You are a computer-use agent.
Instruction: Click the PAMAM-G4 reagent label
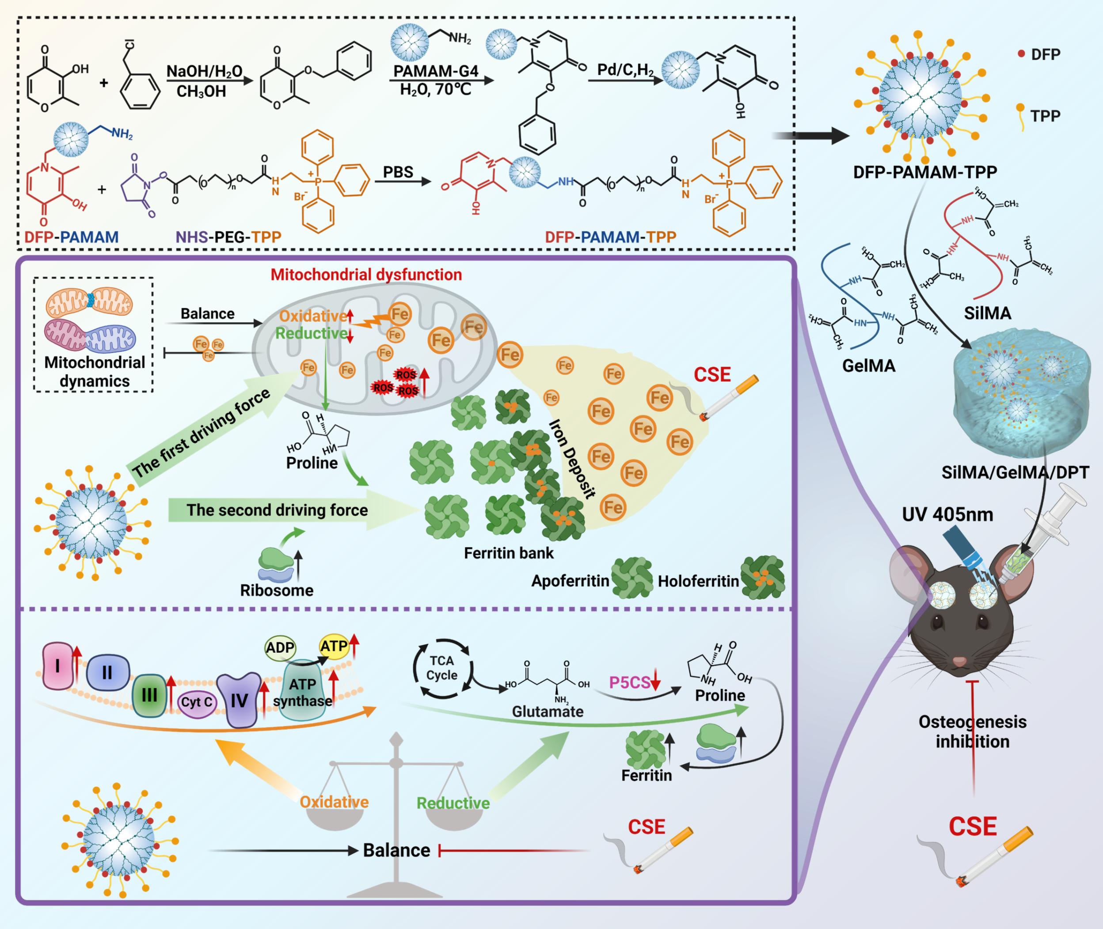(x=436, y=71)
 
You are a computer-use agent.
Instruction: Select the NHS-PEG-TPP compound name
(x=228, y=237)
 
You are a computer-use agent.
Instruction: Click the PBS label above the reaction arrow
(x=398, y=173)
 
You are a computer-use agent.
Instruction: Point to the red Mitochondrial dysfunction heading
(x=366, y=274)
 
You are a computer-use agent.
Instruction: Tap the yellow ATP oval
(x=334, y=646)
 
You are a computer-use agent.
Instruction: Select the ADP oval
(x=280, y=647)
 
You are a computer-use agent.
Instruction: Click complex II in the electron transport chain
(x=107, y=673)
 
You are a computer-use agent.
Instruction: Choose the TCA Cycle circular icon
(x=442, y=668)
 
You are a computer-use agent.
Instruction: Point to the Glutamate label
(x=548, y=712)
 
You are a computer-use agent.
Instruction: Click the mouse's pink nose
(x=960, y=662)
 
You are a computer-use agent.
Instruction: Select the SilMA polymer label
(x=988, y=313)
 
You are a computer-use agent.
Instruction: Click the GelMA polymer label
(x=869, y=366)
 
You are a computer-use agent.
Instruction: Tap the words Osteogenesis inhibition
(x=973, y=731)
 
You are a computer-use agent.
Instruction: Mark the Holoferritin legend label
(x=698, y=582)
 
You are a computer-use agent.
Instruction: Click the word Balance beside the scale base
(x=396, y=850)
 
